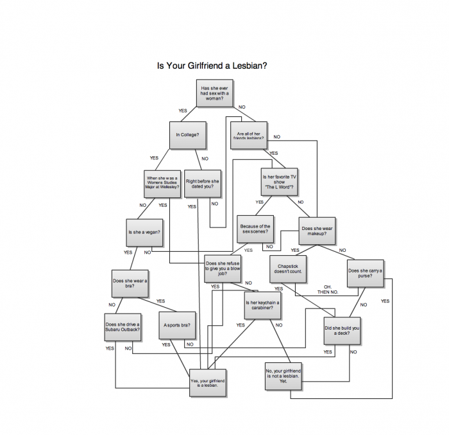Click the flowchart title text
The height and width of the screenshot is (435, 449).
tap(212, 66)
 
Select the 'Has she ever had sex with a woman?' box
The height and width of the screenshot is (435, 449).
tap(214, 94)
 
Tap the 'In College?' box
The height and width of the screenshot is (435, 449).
tap(187, 135)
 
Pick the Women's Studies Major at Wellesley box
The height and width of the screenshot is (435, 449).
tap(162, 184)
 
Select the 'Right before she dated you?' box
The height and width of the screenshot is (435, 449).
tap(203, 184)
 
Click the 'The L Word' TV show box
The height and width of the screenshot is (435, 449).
tap(279, 182)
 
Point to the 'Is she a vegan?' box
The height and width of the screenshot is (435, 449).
tap(144, 232)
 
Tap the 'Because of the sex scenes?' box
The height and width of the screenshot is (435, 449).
tap(255, 229)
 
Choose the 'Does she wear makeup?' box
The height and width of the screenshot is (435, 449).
tap(317, 231)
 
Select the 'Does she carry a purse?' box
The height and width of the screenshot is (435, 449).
tap(365, 272)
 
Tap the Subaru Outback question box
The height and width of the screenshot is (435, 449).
tap(123, 326)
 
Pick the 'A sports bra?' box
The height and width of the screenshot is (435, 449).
tap(177, 326)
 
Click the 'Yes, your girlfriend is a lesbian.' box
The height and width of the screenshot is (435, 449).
tap(208, 383)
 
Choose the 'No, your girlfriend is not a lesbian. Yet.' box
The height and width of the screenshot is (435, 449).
tap(283, 377)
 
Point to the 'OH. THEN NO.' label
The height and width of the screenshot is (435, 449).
tap(327, 289)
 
